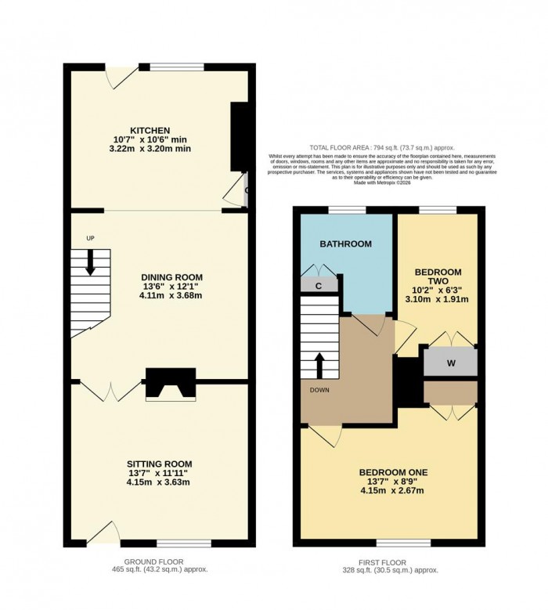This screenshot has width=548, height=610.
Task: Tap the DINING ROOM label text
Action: coord(171,277)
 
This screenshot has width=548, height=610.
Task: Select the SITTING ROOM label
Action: coord(160,464)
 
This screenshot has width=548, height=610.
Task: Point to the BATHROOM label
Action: coord(344,244)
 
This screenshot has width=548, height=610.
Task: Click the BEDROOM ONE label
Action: coord(393,472)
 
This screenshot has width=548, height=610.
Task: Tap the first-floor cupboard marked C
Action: coord(319,286)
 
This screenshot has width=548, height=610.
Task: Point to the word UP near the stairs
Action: coord(89,237)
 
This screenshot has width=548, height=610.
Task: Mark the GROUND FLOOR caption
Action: coord(164,561)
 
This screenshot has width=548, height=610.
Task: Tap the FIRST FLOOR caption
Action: coord(388,561)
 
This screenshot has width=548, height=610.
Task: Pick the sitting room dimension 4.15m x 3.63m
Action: coord(160,482)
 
